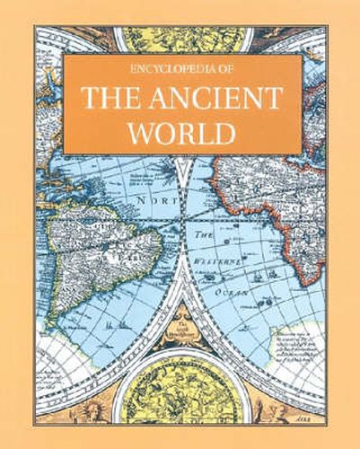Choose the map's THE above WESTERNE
201,231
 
